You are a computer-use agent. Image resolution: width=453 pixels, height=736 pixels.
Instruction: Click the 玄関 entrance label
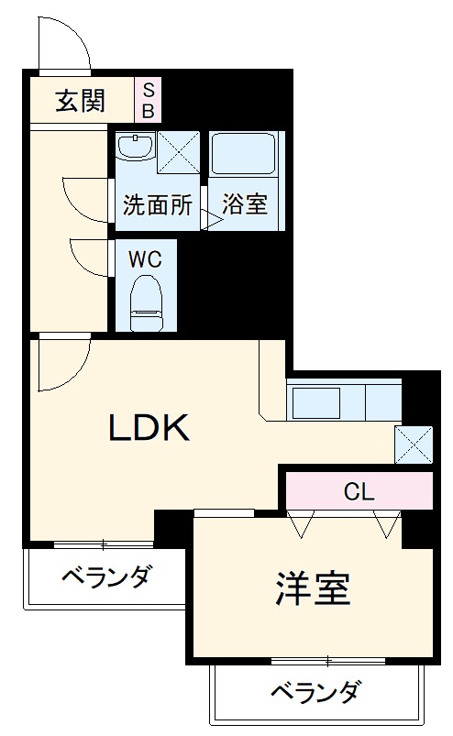coord(81,101)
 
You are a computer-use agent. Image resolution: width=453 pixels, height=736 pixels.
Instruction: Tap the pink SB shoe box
coord(148,100)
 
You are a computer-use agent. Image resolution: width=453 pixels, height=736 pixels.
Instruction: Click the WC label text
coord(145,259)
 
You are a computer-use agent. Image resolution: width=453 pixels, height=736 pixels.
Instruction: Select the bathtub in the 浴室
coord(245,151)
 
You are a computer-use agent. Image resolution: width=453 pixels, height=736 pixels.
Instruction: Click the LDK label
coord(149,427)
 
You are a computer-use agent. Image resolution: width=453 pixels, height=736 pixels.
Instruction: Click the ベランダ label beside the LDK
coord(106,577)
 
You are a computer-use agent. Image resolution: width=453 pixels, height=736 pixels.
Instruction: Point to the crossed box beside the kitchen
coord(413,445)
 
